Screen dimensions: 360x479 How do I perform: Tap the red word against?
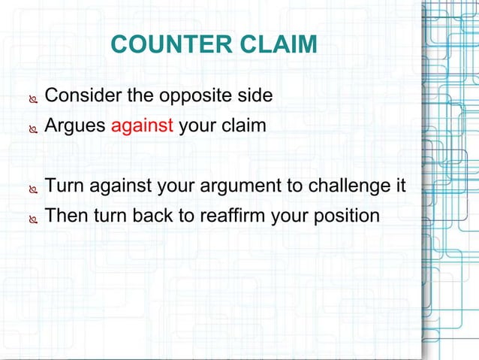(x=143, y=126)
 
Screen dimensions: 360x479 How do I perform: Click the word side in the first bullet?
(x=255, y=97)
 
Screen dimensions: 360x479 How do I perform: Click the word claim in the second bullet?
(x=244, y=126)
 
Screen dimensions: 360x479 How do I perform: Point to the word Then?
(x=65, y=216)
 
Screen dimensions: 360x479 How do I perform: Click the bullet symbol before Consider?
(x=32, y=98)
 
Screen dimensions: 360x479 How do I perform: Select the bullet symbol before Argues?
(x=32, y=127)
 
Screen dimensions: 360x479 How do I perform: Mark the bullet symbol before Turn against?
(x=32, y=187)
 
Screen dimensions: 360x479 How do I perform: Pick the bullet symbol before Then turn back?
(x=32, y=217)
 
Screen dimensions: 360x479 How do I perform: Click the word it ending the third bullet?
(x=399, y=186)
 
